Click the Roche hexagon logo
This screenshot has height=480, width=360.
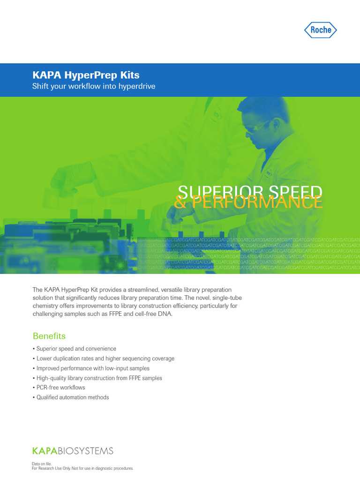pos(321,30)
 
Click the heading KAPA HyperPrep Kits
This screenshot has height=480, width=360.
pos(85,75)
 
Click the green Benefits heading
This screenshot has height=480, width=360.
pos(49,336)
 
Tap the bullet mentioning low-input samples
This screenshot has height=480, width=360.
pos(93,368)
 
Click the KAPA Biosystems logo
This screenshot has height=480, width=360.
pos(73,451)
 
